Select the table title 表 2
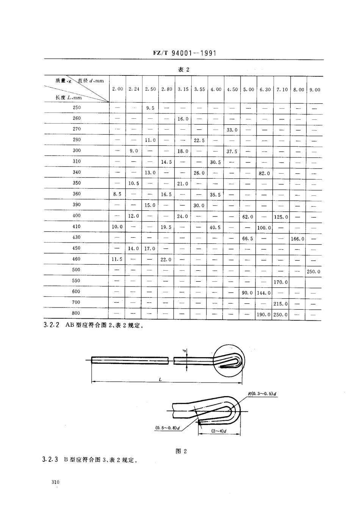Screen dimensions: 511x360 pyautogui.click(x=183, y=69)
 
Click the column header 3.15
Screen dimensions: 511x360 pyautogui.click(x=183, y=89)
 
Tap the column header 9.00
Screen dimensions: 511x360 pyautogui.click(x=314, y=90)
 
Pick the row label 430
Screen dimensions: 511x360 pyautogui.click(x=76, y=237)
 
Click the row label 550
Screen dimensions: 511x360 pyautogui.click(x=76, y=281)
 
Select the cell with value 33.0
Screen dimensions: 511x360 pyautogui.click(x=232, y=130)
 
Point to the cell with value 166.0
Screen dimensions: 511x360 pyautogui.click(x=298, y=239)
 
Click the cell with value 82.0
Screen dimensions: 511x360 pyautogui.click(x=265, y=173)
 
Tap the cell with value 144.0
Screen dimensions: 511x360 pyautogui.click(x=264, y=293)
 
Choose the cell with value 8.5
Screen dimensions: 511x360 pyautogui.click(x=117, y=194)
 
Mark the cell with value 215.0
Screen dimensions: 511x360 pyautogui.click(x=281, y=304)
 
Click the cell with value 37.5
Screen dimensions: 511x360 pyautogui.click(x=232, y=151)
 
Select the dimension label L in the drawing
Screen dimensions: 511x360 pyautogui.click(x=160, y=379)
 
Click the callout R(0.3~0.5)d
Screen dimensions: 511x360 pyautogui.click(x=263, y=394)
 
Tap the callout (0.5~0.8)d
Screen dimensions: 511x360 pyautogui.click(x=167, y=428)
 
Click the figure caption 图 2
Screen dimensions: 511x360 pyautogui.click(x=182, y=451)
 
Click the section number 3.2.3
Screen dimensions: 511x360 pyautogui.click(x=50, y=460)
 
